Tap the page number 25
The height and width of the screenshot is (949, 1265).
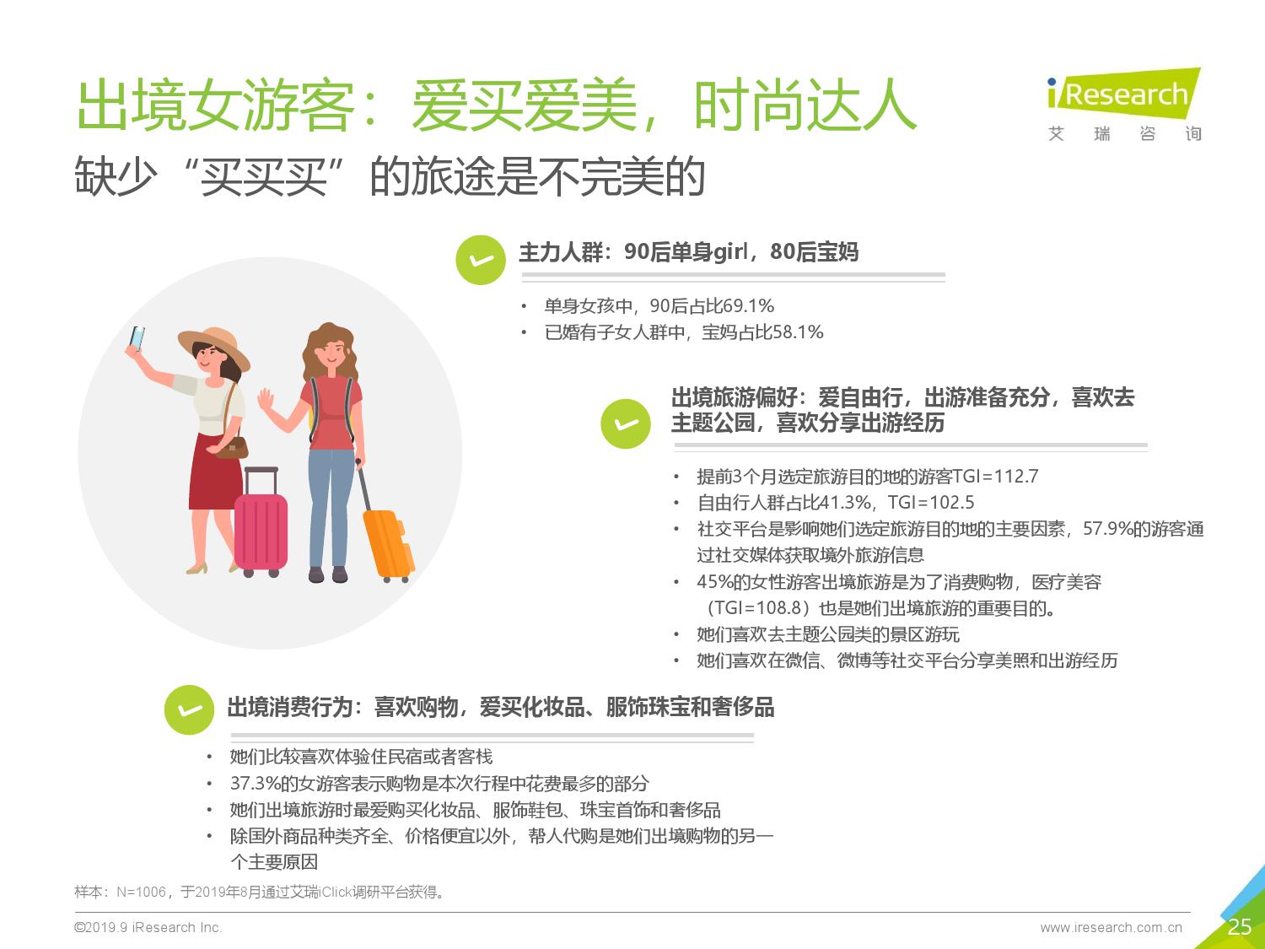click(x=1239, y=926)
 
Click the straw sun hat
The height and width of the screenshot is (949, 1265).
click(x=214, y=346)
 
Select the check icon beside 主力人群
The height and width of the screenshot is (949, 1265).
click(x=481, y=260)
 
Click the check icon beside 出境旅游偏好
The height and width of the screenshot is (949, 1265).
click(x=625, y=423)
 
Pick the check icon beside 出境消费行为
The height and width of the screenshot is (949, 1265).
click(x=189, y=709)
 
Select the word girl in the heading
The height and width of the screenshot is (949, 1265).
click(x=730, y=252)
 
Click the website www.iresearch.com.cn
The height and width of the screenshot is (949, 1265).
click(x=1111, y=928)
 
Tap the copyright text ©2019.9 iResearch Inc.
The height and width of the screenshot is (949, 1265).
click(x=148, y=927)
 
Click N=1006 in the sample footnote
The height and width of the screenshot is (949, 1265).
click(x=141, y=892)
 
